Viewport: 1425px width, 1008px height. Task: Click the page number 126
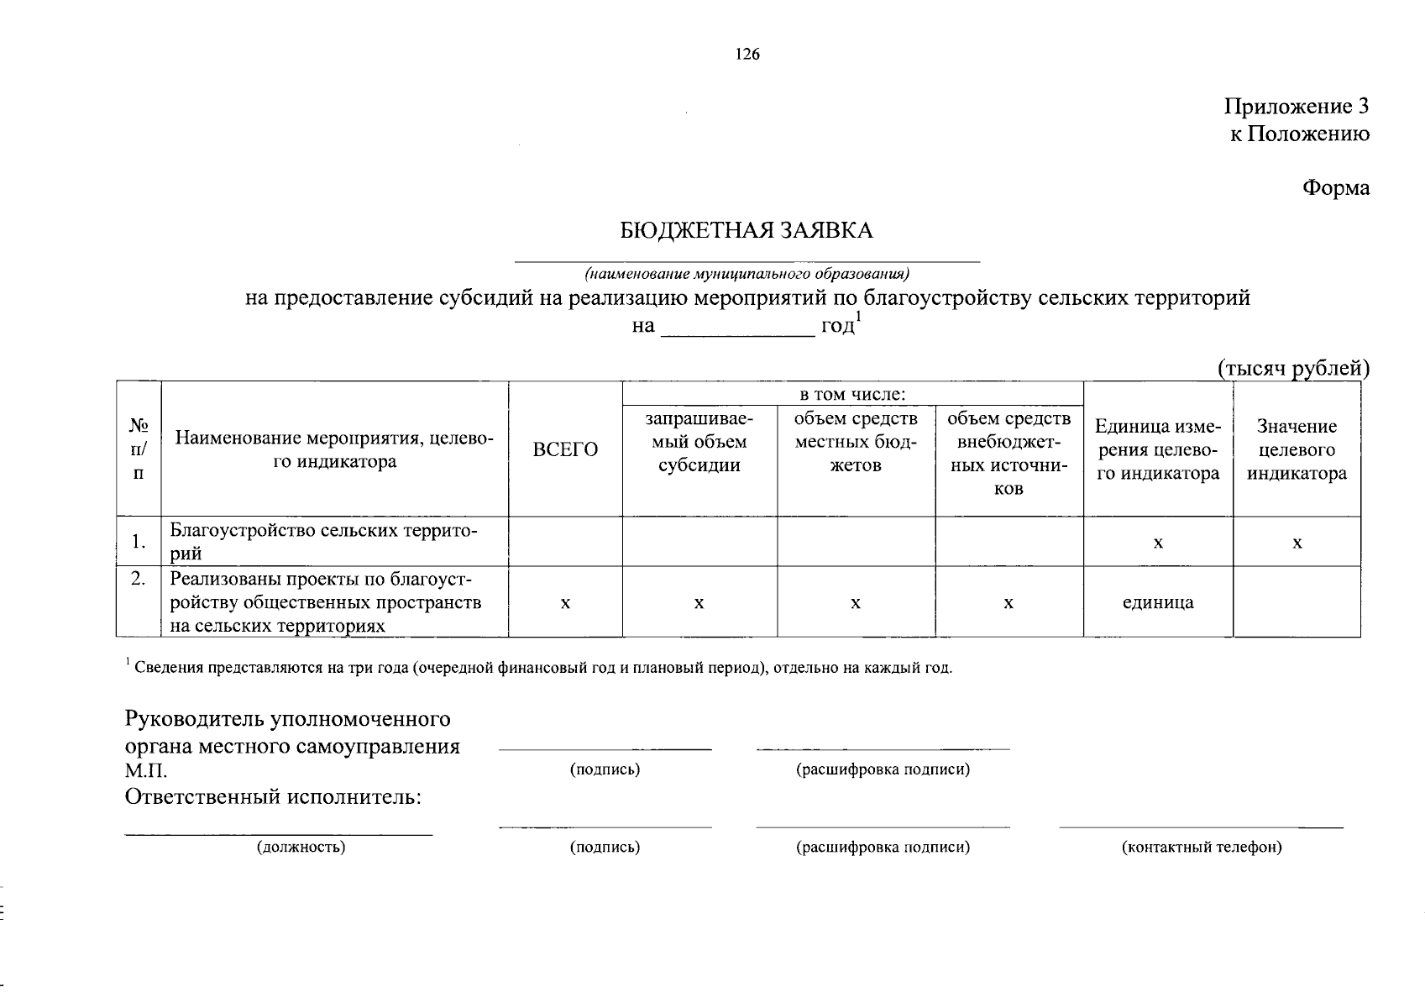[x=747, y=55]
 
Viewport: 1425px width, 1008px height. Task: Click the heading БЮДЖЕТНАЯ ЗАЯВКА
[x=747, y=231]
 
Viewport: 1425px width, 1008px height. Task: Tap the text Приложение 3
[x=1297, y=107]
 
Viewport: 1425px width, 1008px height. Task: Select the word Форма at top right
[x=1335, y=188]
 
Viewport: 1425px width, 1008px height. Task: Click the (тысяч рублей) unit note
[x=1293, y=368]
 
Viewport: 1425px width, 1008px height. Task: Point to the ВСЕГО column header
[x=565, y=450]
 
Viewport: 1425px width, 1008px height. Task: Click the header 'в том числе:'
[x=851, y=394]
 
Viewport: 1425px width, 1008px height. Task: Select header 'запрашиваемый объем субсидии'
[x=699, y=442]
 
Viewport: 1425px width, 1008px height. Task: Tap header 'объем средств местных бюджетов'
[x=855, y=442]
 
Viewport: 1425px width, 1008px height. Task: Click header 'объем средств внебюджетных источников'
[x=1009, y=453]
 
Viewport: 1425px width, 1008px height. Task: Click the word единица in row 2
[x=1157, y=602]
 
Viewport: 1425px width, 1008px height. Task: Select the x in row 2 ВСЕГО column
[x=565, y=603]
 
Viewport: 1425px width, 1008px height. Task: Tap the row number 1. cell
[x=139, y=542]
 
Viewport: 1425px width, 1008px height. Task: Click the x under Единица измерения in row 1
[x=1157, y=543]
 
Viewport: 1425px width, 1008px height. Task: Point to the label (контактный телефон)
[x=1201, y=848]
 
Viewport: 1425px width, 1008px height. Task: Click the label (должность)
[x=301, y=848]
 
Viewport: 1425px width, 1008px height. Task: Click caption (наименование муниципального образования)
[x=747, y=274]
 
